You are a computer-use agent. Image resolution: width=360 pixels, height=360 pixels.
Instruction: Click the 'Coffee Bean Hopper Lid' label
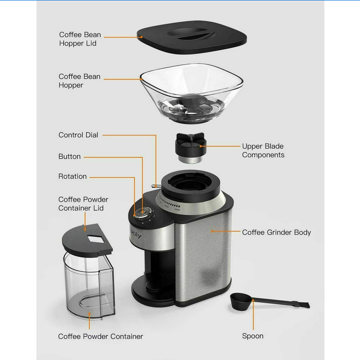pos(80,39)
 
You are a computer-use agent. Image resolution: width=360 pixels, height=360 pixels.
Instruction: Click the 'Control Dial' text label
pos(78,135)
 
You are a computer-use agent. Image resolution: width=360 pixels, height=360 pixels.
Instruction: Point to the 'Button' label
pos(69,157)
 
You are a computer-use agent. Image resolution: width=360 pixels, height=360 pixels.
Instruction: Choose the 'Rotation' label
pos(72,176)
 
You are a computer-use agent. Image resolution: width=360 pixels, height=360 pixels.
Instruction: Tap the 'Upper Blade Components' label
pos(263,150)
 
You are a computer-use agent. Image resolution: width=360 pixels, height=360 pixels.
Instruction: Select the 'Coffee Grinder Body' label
pos(276,232)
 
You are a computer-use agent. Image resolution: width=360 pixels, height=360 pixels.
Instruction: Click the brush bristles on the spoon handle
pos(303,305)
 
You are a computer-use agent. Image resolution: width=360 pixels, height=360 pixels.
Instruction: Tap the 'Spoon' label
pos(253,336)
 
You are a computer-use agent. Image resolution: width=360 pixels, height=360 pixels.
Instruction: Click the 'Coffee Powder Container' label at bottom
pos(100,336)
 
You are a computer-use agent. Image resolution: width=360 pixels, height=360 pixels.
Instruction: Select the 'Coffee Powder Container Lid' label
pos(83,204)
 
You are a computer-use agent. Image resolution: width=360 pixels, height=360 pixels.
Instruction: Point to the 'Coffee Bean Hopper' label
pos(79,81)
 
